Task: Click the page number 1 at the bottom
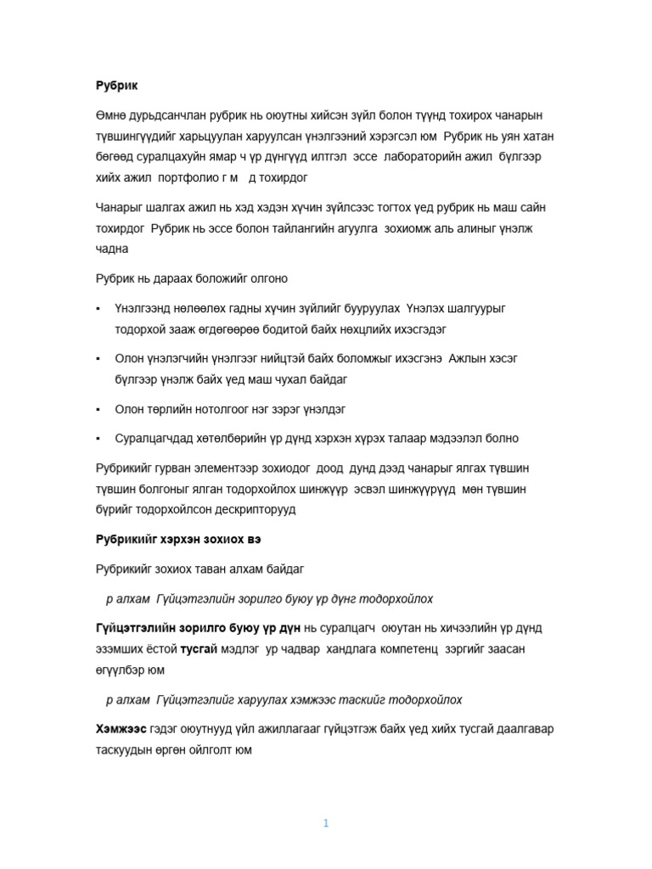326,823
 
